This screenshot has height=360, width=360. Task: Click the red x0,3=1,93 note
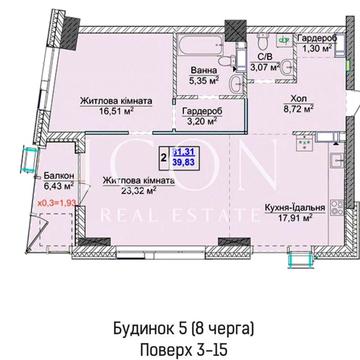pyautogui.click(x=56, y=204)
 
